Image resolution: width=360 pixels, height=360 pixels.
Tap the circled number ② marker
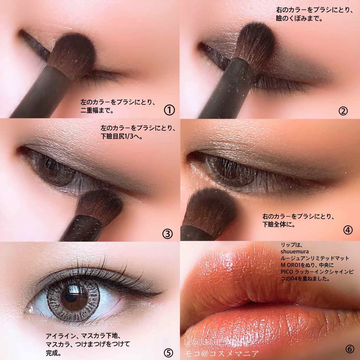tap(343, 111)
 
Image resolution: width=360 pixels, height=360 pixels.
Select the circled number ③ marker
tap(167, 233)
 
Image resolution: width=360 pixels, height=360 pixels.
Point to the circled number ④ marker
tap(348, 230)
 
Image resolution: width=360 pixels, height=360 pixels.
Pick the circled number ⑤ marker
tap(168, 352)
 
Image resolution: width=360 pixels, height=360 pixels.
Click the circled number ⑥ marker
tap(349, 349)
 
